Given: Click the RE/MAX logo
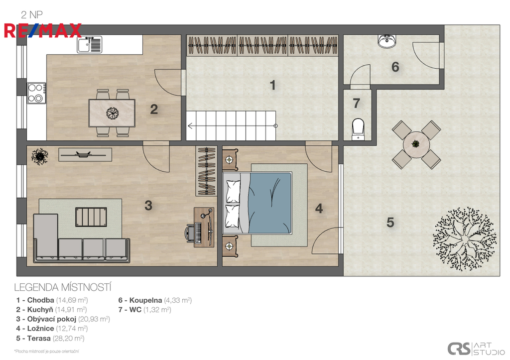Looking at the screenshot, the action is pos(43,30).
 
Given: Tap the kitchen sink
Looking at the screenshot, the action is pos(90,44).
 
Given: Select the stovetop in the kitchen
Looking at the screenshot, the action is pos(36,93).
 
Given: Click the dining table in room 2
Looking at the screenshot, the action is pos(112,113).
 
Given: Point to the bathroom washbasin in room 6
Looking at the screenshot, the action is pos(386,41).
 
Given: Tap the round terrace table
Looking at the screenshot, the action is pos(416,144).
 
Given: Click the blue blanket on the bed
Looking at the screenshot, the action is pos(269,203).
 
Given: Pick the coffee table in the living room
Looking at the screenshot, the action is pos(91,217).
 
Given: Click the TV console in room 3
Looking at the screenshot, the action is pos(85,155).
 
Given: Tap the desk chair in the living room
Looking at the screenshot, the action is pos(191,232).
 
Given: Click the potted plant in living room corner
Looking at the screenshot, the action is pos(40,156).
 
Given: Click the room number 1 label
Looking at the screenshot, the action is pos(272,85).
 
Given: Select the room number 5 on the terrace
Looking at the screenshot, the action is pos(390,223).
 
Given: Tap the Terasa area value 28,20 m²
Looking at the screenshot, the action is pos(69,338).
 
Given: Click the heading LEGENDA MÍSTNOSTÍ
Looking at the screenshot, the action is pos(63,287).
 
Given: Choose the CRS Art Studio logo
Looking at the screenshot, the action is pos(476,349).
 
